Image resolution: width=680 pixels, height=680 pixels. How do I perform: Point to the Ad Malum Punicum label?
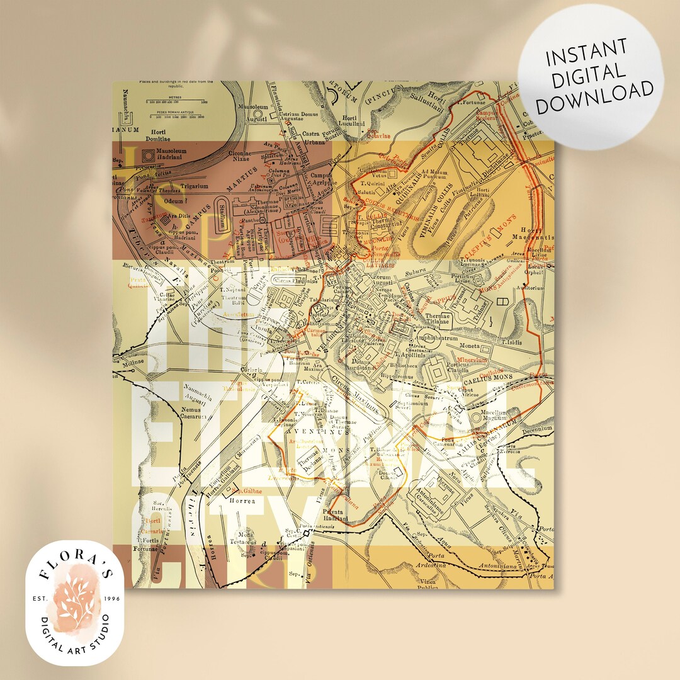click(x=437, y=174)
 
